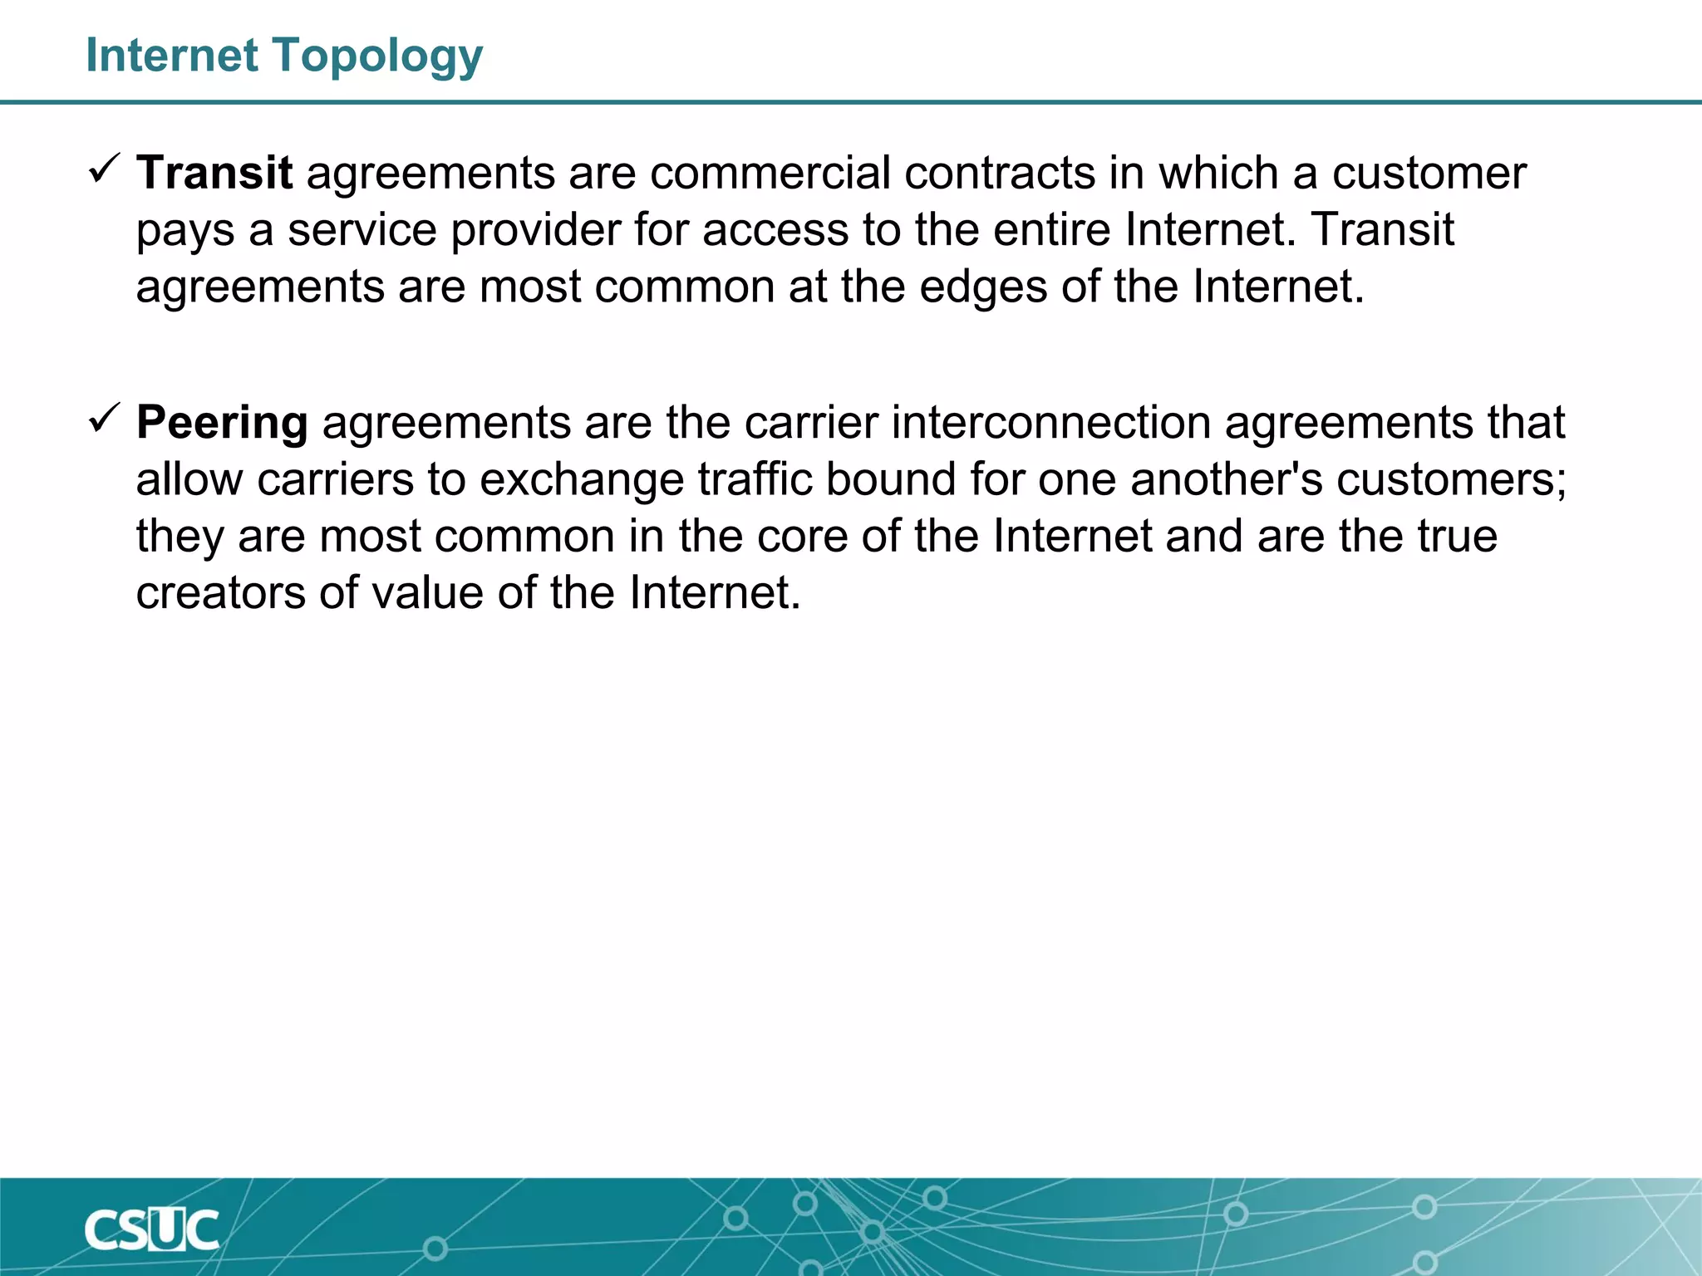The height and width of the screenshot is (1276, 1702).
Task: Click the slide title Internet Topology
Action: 284,56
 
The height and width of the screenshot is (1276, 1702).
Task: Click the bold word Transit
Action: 214,173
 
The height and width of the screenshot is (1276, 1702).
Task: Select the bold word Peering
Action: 222,422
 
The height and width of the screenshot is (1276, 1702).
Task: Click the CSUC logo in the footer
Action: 151,1229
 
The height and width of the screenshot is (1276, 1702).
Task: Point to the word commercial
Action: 770,173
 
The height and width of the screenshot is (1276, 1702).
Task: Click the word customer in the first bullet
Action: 1429,173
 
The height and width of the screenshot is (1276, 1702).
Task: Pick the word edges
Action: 983,287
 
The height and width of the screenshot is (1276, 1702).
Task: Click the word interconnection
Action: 1051,422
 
